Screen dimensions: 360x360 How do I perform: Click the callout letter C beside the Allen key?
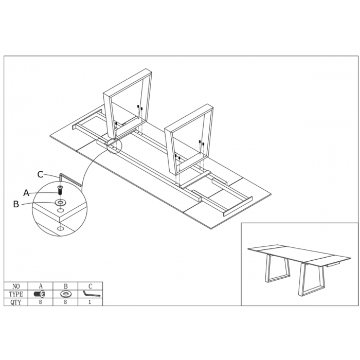41,174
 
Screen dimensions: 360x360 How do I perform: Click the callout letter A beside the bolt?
26,193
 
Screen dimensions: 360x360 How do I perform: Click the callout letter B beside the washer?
16,204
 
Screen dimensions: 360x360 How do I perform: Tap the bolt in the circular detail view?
60,190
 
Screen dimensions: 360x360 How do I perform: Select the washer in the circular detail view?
60,203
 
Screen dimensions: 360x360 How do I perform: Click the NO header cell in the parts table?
16,286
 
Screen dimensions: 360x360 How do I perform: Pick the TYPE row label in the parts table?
16,294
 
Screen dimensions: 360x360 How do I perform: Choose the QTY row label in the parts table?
16,302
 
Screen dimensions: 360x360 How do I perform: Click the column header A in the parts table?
41,286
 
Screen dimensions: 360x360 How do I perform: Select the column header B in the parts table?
66,286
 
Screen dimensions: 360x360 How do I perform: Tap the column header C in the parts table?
90,286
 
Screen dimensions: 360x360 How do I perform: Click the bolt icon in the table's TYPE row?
40,294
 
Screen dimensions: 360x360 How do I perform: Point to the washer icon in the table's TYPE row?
66,294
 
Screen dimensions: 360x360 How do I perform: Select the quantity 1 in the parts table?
90,302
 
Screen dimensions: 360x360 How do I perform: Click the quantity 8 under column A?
41,302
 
